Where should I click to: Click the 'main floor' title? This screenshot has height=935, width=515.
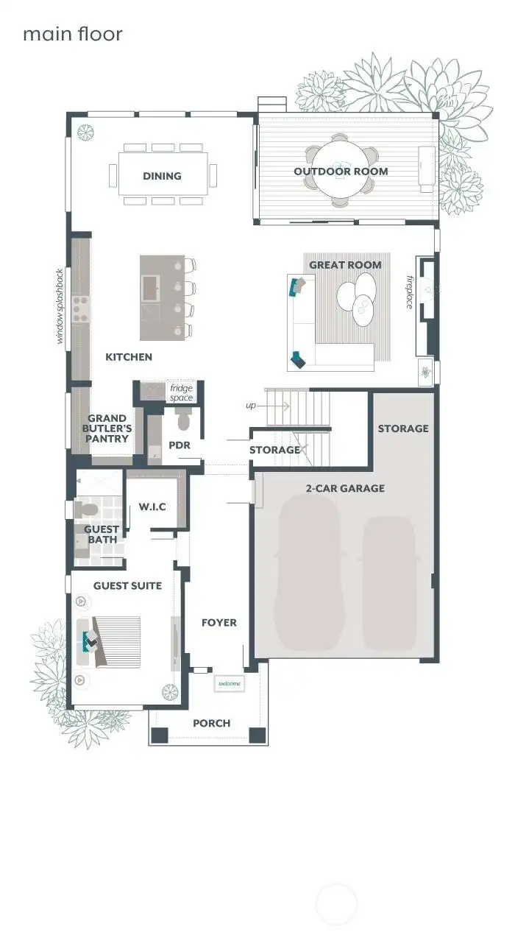[72, 34]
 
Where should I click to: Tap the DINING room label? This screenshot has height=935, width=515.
[162, 176]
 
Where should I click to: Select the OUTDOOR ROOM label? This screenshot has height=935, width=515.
[341, 172]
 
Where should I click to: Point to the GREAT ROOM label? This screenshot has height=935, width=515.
[345, 265]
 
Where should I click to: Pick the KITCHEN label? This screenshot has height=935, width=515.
[129, 357]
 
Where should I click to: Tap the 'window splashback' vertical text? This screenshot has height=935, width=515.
[61, 306]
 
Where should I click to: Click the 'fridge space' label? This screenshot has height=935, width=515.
[181, 393]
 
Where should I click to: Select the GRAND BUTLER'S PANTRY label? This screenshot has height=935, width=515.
[107, 428]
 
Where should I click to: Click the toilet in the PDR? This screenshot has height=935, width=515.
[183, 420]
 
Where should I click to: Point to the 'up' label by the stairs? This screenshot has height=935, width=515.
[251, 405]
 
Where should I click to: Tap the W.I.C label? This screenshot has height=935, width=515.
[152, 507]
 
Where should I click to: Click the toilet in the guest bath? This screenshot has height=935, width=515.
[86, 509]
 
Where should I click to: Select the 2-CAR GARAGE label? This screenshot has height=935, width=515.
[346, 487]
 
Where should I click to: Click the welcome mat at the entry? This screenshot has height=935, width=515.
[230, 684]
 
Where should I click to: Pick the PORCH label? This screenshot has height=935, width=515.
[212, 723]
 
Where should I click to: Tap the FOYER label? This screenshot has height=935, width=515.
[219, 623]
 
